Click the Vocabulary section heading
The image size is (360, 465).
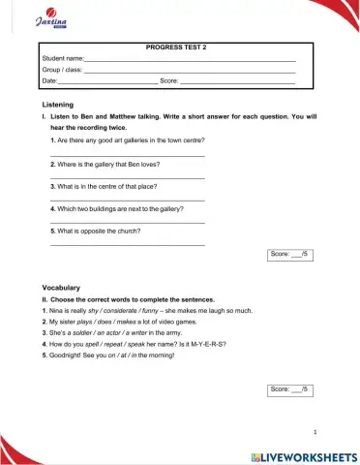tap(61, 288)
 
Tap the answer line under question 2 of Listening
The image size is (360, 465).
tap(127, 178)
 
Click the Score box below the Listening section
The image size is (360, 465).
tap(289, 254)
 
